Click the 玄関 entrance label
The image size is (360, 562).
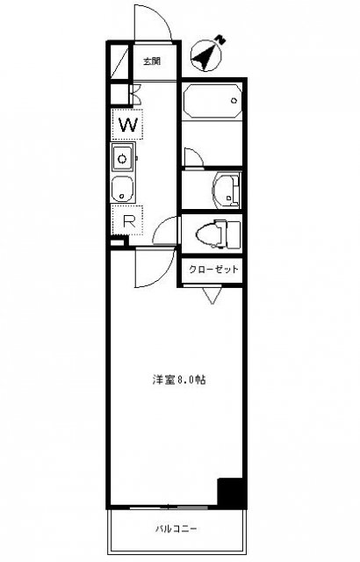coord(152,61)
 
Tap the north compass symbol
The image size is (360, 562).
coord(206,54)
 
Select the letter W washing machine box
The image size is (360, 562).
coord(128,125)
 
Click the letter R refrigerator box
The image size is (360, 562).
coord(128,220)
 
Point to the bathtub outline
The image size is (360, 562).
coord(212,101)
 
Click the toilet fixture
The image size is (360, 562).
coord(218,234)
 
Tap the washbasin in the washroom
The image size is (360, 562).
coord(226,191)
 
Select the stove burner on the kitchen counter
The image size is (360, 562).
coord(123,158)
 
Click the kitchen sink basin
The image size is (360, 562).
coord(122,189)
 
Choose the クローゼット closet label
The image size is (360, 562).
coord(213,270)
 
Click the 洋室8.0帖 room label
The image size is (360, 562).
coord(179,379)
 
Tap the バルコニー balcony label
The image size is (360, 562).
coord(176,529)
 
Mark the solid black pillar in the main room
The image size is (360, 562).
coord(232,492)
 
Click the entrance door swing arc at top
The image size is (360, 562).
coord(160,16)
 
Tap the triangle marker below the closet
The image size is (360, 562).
coord(212,295)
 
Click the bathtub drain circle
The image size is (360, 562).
coord(234,101)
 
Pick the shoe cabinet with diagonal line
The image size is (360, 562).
coord(119,61)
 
